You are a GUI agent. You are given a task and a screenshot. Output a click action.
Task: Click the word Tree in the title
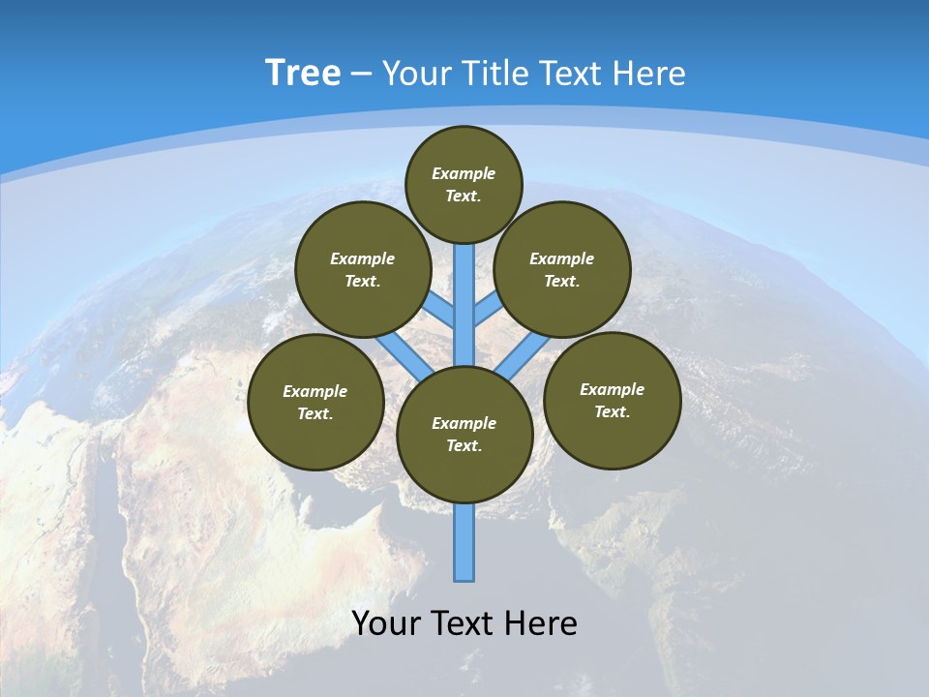tap(303, 74)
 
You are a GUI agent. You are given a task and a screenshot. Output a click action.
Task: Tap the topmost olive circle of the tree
tap(464, 184)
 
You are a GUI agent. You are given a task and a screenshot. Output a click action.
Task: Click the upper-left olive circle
tap(362, 269)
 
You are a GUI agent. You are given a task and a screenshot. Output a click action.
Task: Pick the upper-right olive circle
tap(561, 269)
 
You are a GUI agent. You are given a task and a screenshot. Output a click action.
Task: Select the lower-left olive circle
tap(315, 402)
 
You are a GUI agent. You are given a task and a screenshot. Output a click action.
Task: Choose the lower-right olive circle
tap(612, 400)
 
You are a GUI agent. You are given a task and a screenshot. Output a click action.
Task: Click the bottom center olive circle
tap(464, 434)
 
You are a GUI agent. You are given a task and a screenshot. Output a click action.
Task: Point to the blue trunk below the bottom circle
tap(464, 542)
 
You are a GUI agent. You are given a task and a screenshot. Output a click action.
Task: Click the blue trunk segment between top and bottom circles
tap(464, 305)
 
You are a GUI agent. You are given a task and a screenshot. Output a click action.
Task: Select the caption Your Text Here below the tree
tap(464, 623)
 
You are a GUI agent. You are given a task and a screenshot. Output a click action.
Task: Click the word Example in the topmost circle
tap(464, 173)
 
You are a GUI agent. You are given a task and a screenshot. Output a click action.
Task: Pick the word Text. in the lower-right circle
tap(612, 411)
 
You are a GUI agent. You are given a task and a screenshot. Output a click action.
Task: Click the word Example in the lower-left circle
tap(315, 391)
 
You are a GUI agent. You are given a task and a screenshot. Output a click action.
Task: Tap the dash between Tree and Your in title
tap(360, 75)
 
